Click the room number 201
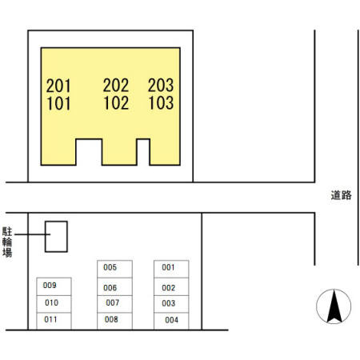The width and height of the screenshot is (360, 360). tap(58, 86)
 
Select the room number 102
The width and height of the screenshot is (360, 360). tap(116, 103)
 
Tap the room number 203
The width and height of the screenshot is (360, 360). tap(161, 86)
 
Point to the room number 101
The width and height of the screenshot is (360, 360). tap(58, 103)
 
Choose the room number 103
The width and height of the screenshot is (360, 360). tap(161, 103)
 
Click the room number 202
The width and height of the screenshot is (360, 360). tap(116, 86)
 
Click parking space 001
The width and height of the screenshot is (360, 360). tap(171, 269)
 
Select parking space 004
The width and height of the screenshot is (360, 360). tap(171, 321)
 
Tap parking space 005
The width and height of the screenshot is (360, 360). tap(114, 269)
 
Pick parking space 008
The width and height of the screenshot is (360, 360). tap(114, 321)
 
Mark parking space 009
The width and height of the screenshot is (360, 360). tap(54, 286)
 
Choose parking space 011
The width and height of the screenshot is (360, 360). tap(54, 322)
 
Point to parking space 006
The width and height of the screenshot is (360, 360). tap(114, 286)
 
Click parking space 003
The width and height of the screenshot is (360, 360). tap(171, 304)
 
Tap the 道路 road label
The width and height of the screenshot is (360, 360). tap(341, 195)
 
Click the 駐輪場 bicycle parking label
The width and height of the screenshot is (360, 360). tap(7, 242)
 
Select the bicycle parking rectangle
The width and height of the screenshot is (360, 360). tap(45, 237)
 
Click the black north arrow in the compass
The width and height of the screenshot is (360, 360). tap(334, 306)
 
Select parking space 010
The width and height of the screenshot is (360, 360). tap(54, 304)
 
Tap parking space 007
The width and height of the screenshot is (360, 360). tap(114, 304)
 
